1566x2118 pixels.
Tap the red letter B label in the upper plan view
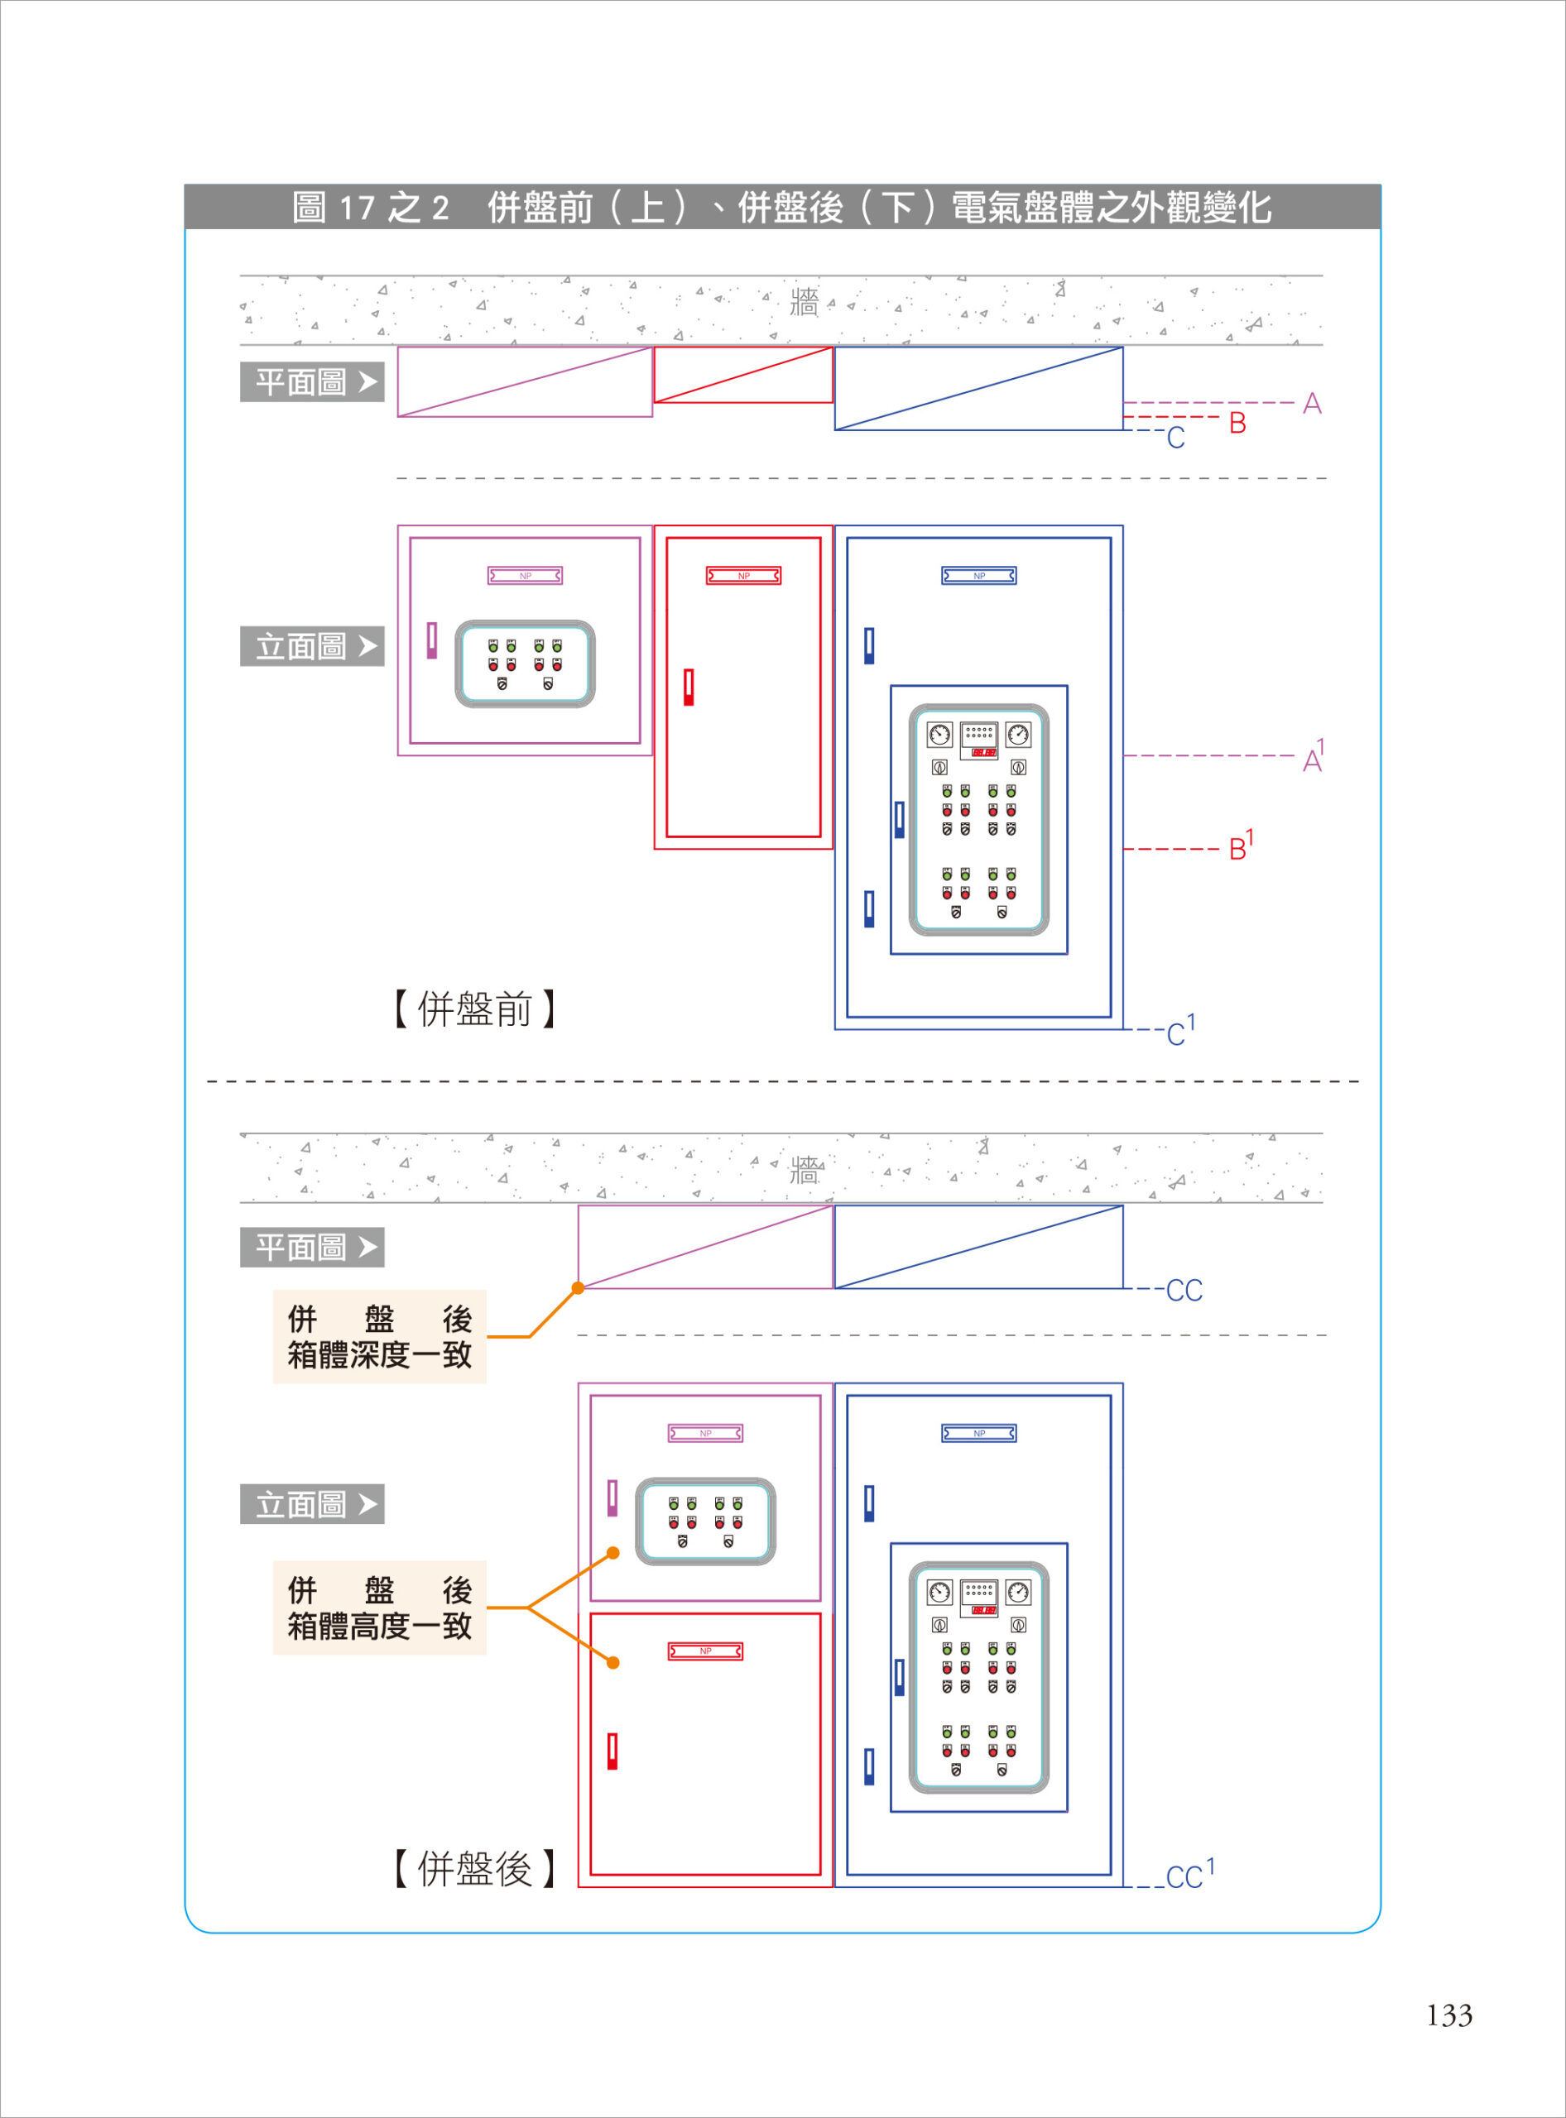coord(1237,423)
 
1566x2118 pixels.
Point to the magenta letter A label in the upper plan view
coord(1311,404)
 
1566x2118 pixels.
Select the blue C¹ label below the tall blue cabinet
coord(1179,1031)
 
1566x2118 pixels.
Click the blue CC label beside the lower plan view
coord(1183,1290)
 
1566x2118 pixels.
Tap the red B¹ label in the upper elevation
coord(1240,846)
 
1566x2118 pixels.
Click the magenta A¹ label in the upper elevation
coord(1313,758)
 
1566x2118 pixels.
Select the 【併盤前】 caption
coord(474,1009)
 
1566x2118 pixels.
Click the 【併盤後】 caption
coord(474,1869)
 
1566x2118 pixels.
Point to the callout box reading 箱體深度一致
coord(379,1336)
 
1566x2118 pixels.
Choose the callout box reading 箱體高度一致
coord(379,1608)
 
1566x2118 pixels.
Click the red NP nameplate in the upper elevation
coord(743,575)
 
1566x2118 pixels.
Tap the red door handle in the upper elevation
coord(689,687)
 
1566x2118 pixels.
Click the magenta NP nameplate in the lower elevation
coord(705,1433)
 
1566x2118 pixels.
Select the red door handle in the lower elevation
coord(612,1751)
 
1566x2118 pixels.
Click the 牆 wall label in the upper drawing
coord(803,304)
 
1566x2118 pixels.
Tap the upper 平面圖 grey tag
coord(312,382)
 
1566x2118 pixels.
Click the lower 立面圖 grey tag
coord(312,1504)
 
